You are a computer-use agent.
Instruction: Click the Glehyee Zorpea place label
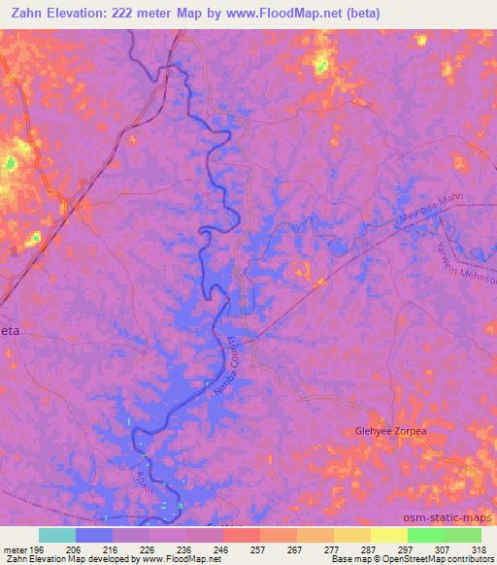pyautogui.click(x=389, y=431)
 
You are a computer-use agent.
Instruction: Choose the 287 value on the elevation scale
pyautogui.click(x=369, y=548)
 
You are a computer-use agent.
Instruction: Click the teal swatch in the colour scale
pyautogui.click(x=57, y=535)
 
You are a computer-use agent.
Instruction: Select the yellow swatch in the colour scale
pyautogui.click(x=388, y=535)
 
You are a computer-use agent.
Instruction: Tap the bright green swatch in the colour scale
pyautogui.click(x=426, y=535)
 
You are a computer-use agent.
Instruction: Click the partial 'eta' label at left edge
pyautogui.click(x=10, y=330)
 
